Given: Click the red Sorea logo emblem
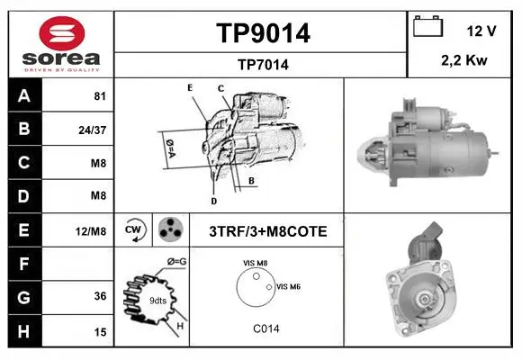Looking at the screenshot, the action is point(62,33).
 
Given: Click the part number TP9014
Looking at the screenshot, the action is point(263,33).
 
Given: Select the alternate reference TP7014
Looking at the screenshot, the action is point(263,65).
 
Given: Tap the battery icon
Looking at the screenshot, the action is point(427,26).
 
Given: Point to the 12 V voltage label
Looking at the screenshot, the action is point(481,31).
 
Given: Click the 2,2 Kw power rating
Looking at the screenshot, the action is point(464,60).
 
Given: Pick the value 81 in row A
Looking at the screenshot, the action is point(100,96).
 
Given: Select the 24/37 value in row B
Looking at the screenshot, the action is point(92,130).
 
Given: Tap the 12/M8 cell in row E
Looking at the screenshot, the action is point(91,231).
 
